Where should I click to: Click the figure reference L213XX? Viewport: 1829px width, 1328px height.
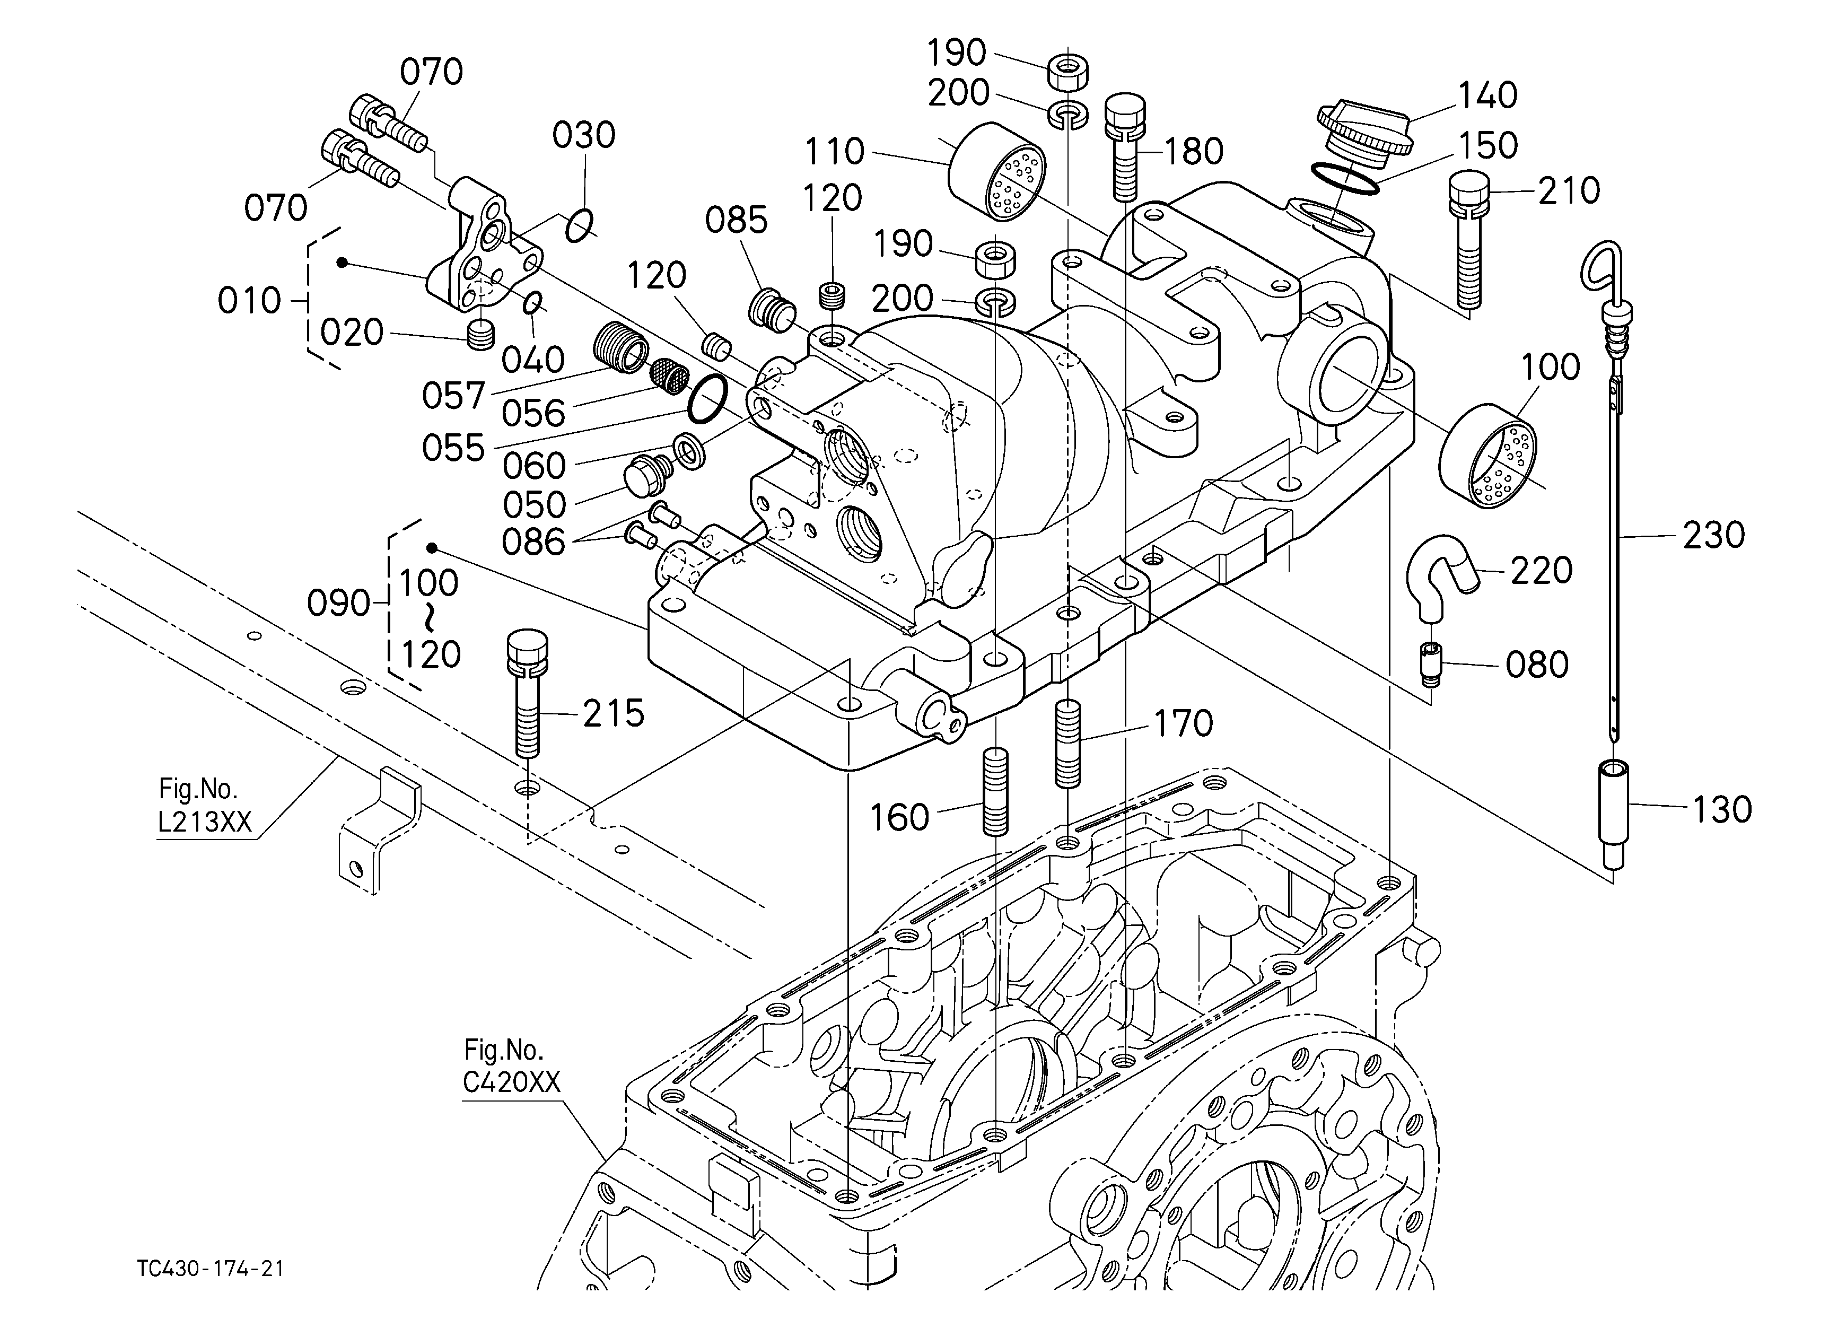coord(204,822)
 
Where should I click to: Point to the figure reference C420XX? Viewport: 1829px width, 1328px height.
coord(511,1082)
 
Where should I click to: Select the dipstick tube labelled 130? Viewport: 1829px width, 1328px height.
coord(1613,815)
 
